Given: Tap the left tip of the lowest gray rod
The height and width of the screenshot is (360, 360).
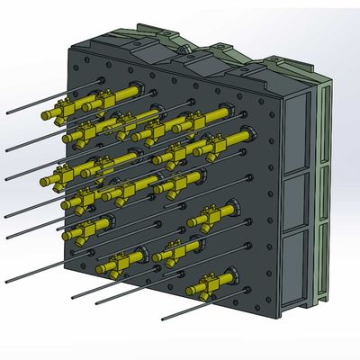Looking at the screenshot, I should [161, 318].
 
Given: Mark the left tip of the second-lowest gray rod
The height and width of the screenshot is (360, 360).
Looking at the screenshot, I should [94, 300].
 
